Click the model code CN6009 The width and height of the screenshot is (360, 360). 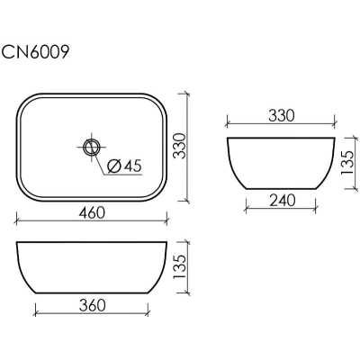(x=35, y=52)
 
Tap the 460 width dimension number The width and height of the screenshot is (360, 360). (x=92, y=213)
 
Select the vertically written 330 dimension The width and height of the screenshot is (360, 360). (x=181, y=146)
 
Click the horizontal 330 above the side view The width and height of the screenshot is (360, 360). (x=282, y=116)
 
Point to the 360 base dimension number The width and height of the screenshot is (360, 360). (x=92, y=305)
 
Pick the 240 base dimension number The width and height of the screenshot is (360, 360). (x=282, y=201)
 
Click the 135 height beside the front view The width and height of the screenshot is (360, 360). (x=180, y=267)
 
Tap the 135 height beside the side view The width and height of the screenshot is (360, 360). (x=347, y=163)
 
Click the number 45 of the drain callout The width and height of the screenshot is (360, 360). (x=132, y=166)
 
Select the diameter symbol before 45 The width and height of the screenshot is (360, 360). (x=114, y=166)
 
